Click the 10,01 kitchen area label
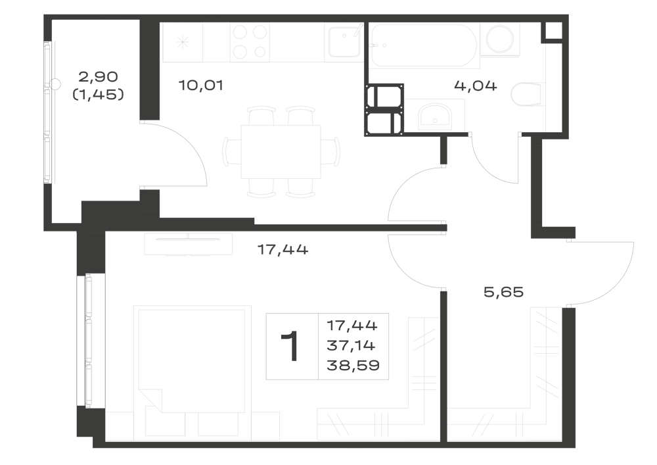(x=200, y=86)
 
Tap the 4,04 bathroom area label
(x=476, y=86)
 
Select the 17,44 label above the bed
(x=283, y=250)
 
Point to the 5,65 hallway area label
(x=504, y=292)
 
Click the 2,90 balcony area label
(x=99, y=77)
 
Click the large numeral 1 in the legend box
(x=290, y=346)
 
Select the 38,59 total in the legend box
(x=353, y=365)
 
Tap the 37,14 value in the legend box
(x=351, y=345)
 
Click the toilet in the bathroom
(x=526, y=94)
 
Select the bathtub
(x=424, y=45)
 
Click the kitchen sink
(x=344, y=41)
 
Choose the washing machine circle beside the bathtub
(x=500, y=39)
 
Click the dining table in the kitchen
(x=281, y=152)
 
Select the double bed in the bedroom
(x=193, y=360)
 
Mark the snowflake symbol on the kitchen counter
(x=183, y=42)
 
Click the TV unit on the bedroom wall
(x=188, y=244)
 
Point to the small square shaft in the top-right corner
(x=552, y=31)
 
